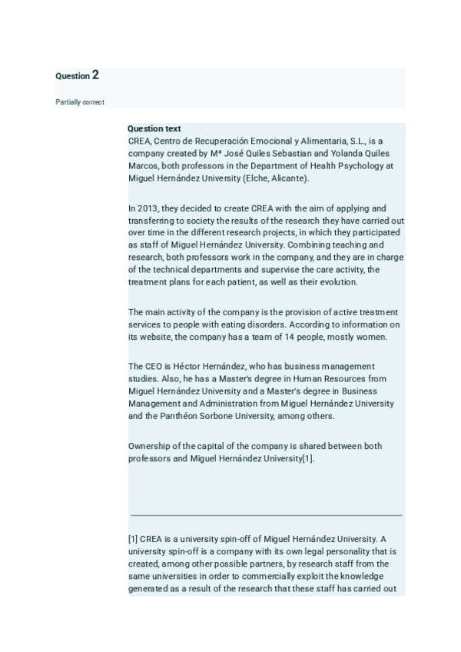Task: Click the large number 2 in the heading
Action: coord(95,75)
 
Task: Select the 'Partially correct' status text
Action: coord(80,102)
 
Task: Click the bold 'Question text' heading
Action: coord(154,129)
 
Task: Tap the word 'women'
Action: coord(371,337)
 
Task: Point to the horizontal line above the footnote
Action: coord(266,514)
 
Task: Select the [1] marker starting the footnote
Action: coord(133,538)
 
